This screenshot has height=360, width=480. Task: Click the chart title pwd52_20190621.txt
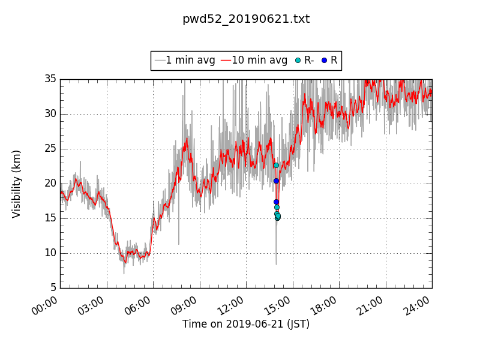[246, 19]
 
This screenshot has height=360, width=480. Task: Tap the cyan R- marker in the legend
[298, 61]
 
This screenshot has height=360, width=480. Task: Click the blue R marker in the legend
[325, 61]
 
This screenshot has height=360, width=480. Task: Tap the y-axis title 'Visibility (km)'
[17, 184]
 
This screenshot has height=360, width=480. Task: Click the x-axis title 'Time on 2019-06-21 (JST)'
[246, 325]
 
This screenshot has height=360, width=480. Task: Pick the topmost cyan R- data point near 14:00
[276, 165]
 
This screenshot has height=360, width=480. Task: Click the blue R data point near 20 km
[276, 181]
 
